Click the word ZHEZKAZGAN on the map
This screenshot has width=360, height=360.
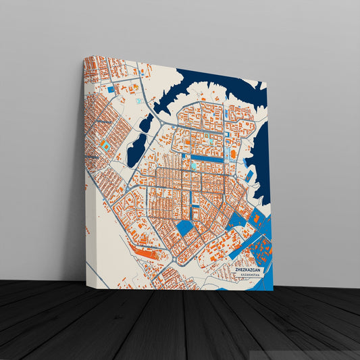click(249, 269)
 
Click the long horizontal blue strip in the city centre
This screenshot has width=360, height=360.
click(207, 158)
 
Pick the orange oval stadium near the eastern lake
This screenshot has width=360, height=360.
click(234, 154)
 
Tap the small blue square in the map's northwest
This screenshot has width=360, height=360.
click(111, 88)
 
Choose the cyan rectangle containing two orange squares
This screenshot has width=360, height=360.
click(105, 145)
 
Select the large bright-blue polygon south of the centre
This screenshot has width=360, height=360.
click(184, 228)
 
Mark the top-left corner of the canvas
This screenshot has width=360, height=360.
click(84, 57)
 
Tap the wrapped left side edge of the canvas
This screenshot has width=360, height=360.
click(85, 169)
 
